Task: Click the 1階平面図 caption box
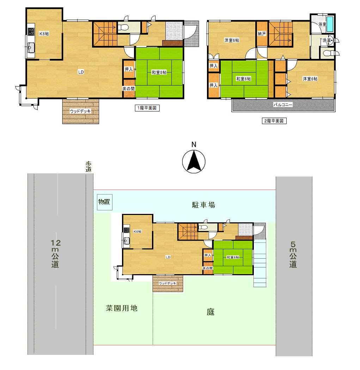[x=147, y=108]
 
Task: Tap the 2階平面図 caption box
[x=274, y=121]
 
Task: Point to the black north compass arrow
[x=194, y=161]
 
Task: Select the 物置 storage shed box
[x=105, y=202]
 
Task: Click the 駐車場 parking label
[x=203, y=205]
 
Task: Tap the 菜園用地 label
[x=122, y=308]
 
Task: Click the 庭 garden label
[x=210, y=312]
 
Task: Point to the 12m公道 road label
[x=55, y=253]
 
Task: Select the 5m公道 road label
[x=293, y=254]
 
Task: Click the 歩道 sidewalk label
[x=88, y=167]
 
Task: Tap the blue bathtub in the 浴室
[x=330, y=24]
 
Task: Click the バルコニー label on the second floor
[x=283, y=105]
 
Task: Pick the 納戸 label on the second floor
[x=262, y=34]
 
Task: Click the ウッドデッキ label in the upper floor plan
[x=80, y=111]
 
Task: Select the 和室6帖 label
[x=243, y=79]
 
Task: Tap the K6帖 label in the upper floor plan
[x=44, y=33]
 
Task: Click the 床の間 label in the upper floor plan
[x=128, y=89]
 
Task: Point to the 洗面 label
[x=327, y=41]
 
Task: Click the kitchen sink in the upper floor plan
[x=31, y=48]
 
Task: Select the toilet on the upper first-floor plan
[x=123, y=27]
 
